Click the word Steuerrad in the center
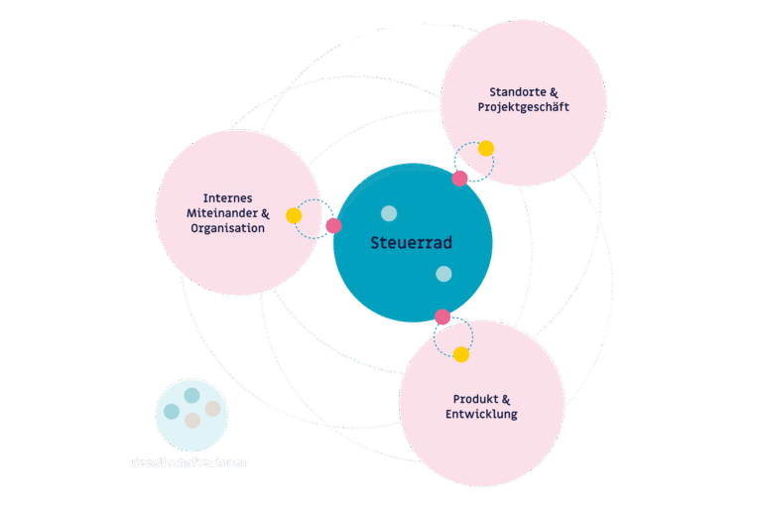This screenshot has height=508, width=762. click(x=412, y=242)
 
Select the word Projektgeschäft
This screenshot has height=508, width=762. click(x=523, y=107)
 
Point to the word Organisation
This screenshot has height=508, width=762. click(x=227, y=228)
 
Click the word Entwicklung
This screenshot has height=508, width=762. click(x=481, y=414)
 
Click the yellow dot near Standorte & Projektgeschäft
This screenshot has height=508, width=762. click(x=485, y=149)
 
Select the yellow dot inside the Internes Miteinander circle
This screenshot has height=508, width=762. click(x=294, y=215)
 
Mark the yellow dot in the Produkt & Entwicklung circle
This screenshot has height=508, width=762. click(x=461, y=354)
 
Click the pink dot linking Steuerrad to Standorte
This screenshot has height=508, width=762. click(x=459, y=179)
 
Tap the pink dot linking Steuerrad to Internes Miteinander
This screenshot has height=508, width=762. click(x=333, y=225)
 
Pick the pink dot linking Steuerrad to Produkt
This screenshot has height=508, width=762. click(x=443, y=317)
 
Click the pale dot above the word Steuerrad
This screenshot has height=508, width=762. click(x=389, y=213)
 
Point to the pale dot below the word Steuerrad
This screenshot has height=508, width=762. click(x=444, y=274)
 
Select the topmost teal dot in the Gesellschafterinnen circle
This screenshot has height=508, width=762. click(x=191, y=395)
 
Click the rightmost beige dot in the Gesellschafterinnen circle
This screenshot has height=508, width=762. click(x=212, y=409)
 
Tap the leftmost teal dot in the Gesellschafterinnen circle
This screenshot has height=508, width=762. click(x=172, y=411)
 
